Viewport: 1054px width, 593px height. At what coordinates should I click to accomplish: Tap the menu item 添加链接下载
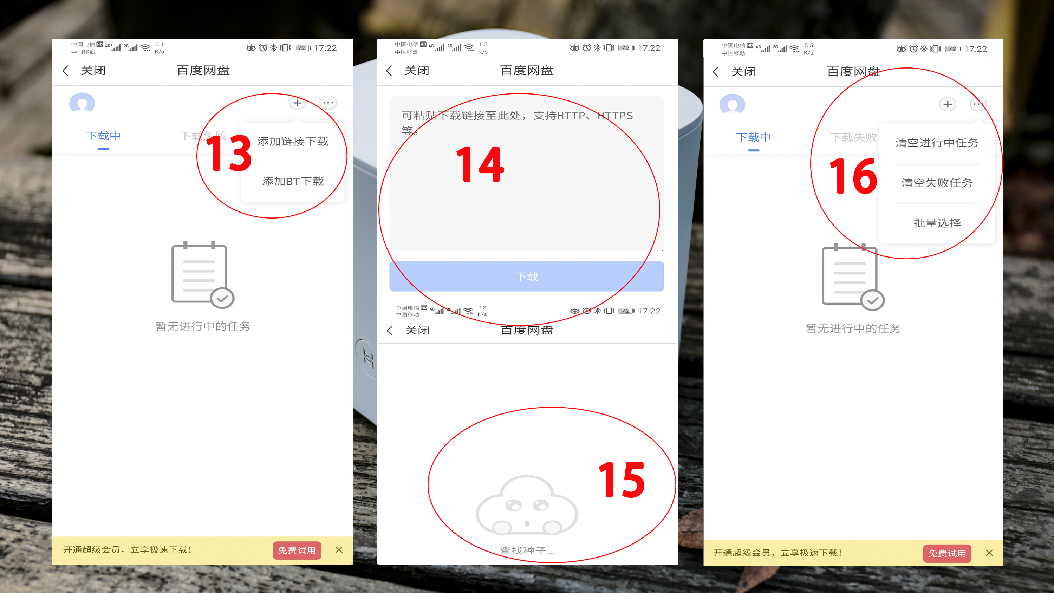293,142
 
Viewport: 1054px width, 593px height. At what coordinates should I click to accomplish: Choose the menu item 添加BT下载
293,181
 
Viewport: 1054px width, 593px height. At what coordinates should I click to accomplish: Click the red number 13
229,154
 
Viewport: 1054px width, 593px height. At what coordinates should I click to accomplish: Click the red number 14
480,164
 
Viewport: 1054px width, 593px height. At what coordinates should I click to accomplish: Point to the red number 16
853,176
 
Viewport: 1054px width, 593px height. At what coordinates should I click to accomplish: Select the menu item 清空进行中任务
937,143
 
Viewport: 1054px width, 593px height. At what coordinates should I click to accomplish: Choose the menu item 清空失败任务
937,183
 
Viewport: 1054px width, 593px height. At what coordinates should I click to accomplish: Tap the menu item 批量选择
937,223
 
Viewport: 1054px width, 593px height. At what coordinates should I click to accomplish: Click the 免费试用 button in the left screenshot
297,550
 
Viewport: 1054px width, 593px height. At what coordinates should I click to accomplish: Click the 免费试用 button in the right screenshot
946,553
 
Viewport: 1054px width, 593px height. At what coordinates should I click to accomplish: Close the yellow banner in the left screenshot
339,550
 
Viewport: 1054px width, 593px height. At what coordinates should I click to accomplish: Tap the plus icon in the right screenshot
947,104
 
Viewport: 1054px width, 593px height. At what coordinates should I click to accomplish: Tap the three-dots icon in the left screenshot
328,103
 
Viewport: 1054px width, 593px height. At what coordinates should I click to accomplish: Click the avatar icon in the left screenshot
82,103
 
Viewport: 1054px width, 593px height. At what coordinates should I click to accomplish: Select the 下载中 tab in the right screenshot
753,137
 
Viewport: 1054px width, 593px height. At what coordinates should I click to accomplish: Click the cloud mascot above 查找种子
526,506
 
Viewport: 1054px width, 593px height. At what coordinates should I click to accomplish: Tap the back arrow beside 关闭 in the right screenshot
716,72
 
